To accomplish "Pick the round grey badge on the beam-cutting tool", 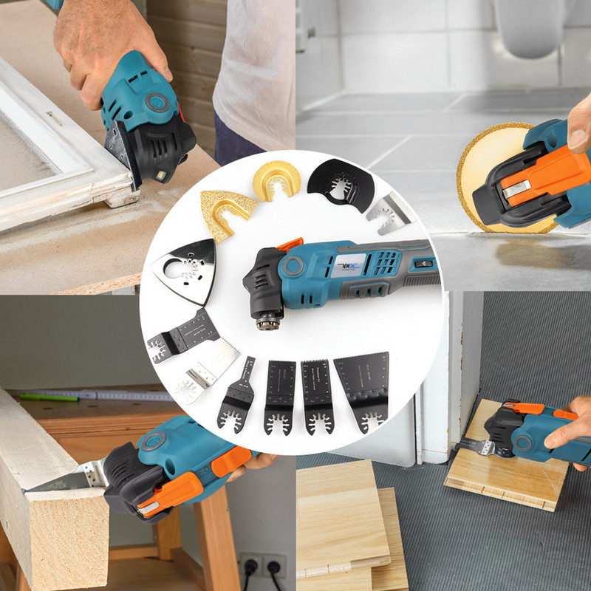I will [x=154, y=442].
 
